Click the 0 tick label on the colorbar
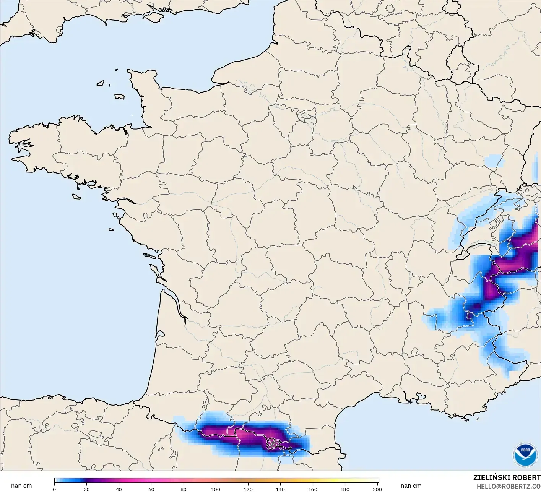point(54,489)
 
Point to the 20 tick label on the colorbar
point(87,489)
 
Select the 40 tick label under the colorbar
point(119,489)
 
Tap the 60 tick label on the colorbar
point(151,489)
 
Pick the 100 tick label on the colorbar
point(216,489)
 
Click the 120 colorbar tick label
point(248,489)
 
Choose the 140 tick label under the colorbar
point(280,489)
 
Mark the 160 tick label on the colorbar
point(313,489)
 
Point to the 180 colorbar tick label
point(345,489)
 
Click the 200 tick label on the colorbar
point(377,489)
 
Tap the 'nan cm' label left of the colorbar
point(21,486)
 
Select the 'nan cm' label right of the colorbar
point(411,486)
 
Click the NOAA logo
point(525,455)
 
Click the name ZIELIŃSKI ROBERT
point(507,478)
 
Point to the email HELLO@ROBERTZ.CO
point(509,486)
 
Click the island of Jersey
point(119,97)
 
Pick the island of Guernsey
point(101,83)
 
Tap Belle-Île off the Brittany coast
point(76,196)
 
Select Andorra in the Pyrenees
point(274,443)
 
